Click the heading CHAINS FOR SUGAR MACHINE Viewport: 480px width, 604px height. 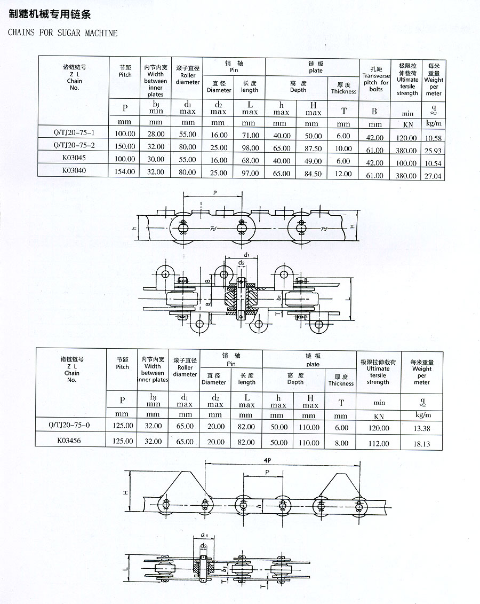(x=63, y=33)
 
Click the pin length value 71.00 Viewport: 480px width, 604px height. (x=250, y=136)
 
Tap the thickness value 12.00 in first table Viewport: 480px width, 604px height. (x=343, y=174)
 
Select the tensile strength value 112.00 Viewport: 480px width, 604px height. (x=378, y=443)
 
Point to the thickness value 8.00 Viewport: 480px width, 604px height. (x=341, y=443)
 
